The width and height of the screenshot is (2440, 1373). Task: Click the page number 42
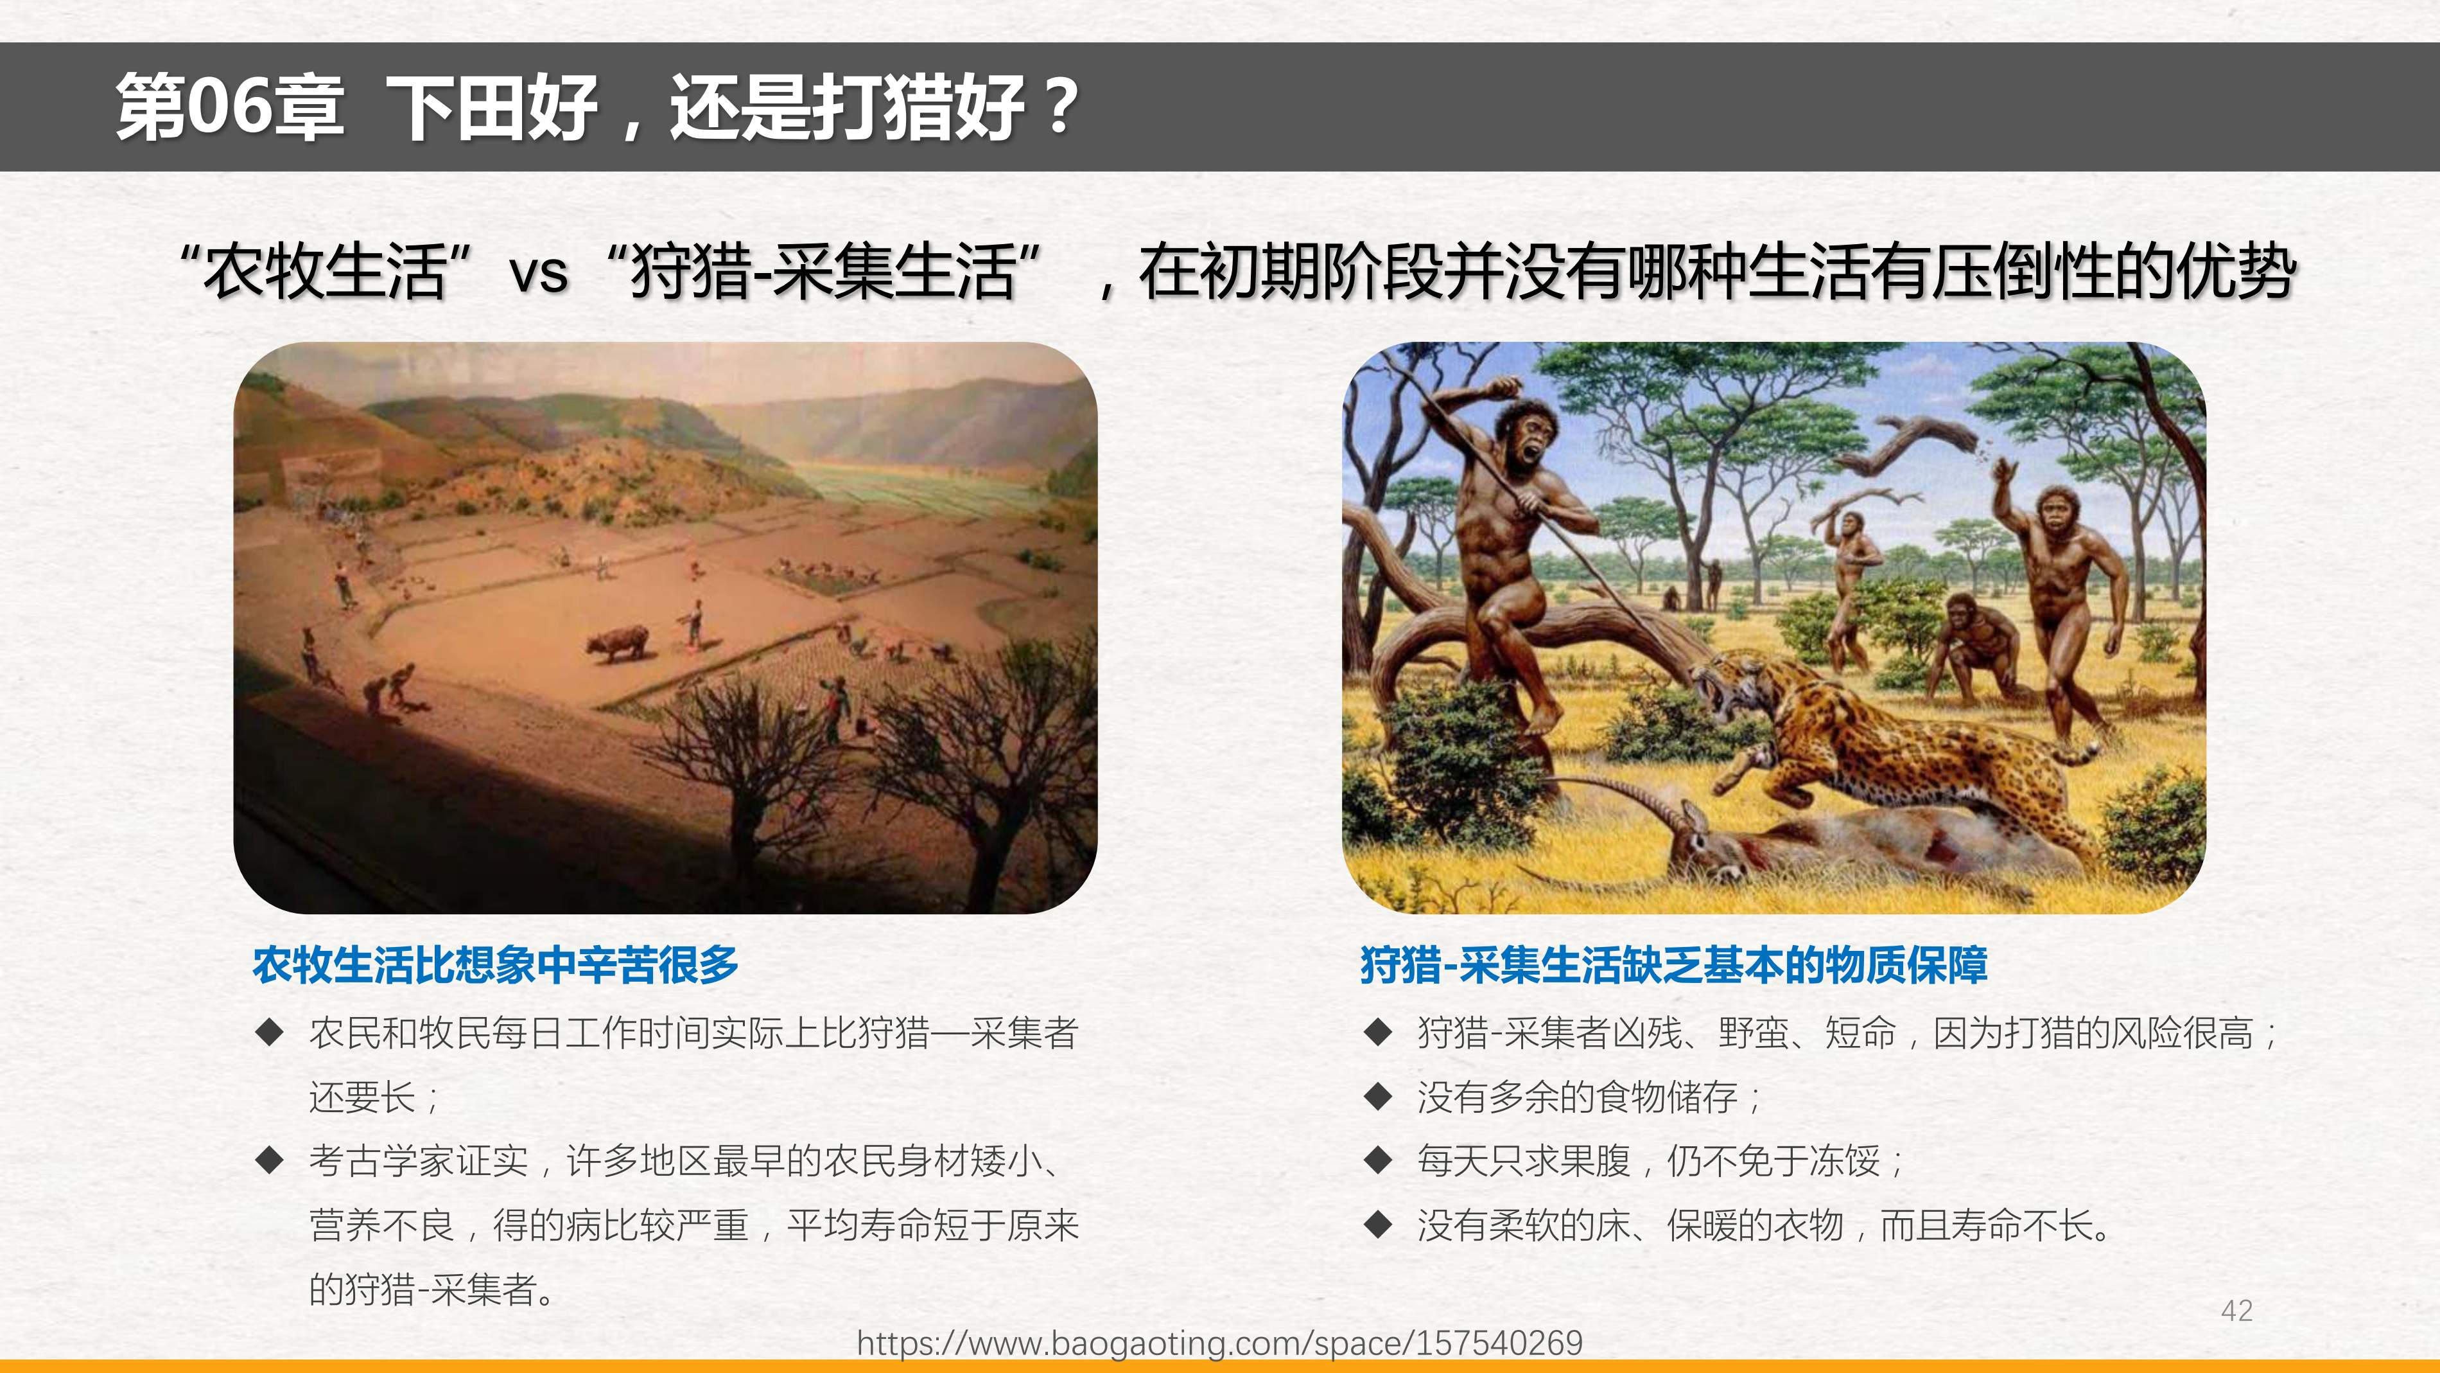(x=2236, y=1311)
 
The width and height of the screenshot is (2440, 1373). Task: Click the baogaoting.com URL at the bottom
(x=1219, y=1343)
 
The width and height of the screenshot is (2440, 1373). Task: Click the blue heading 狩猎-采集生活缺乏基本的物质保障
(x=1673, y=964)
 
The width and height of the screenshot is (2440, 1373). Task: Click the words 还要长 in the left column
(x=362, y=1097)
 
